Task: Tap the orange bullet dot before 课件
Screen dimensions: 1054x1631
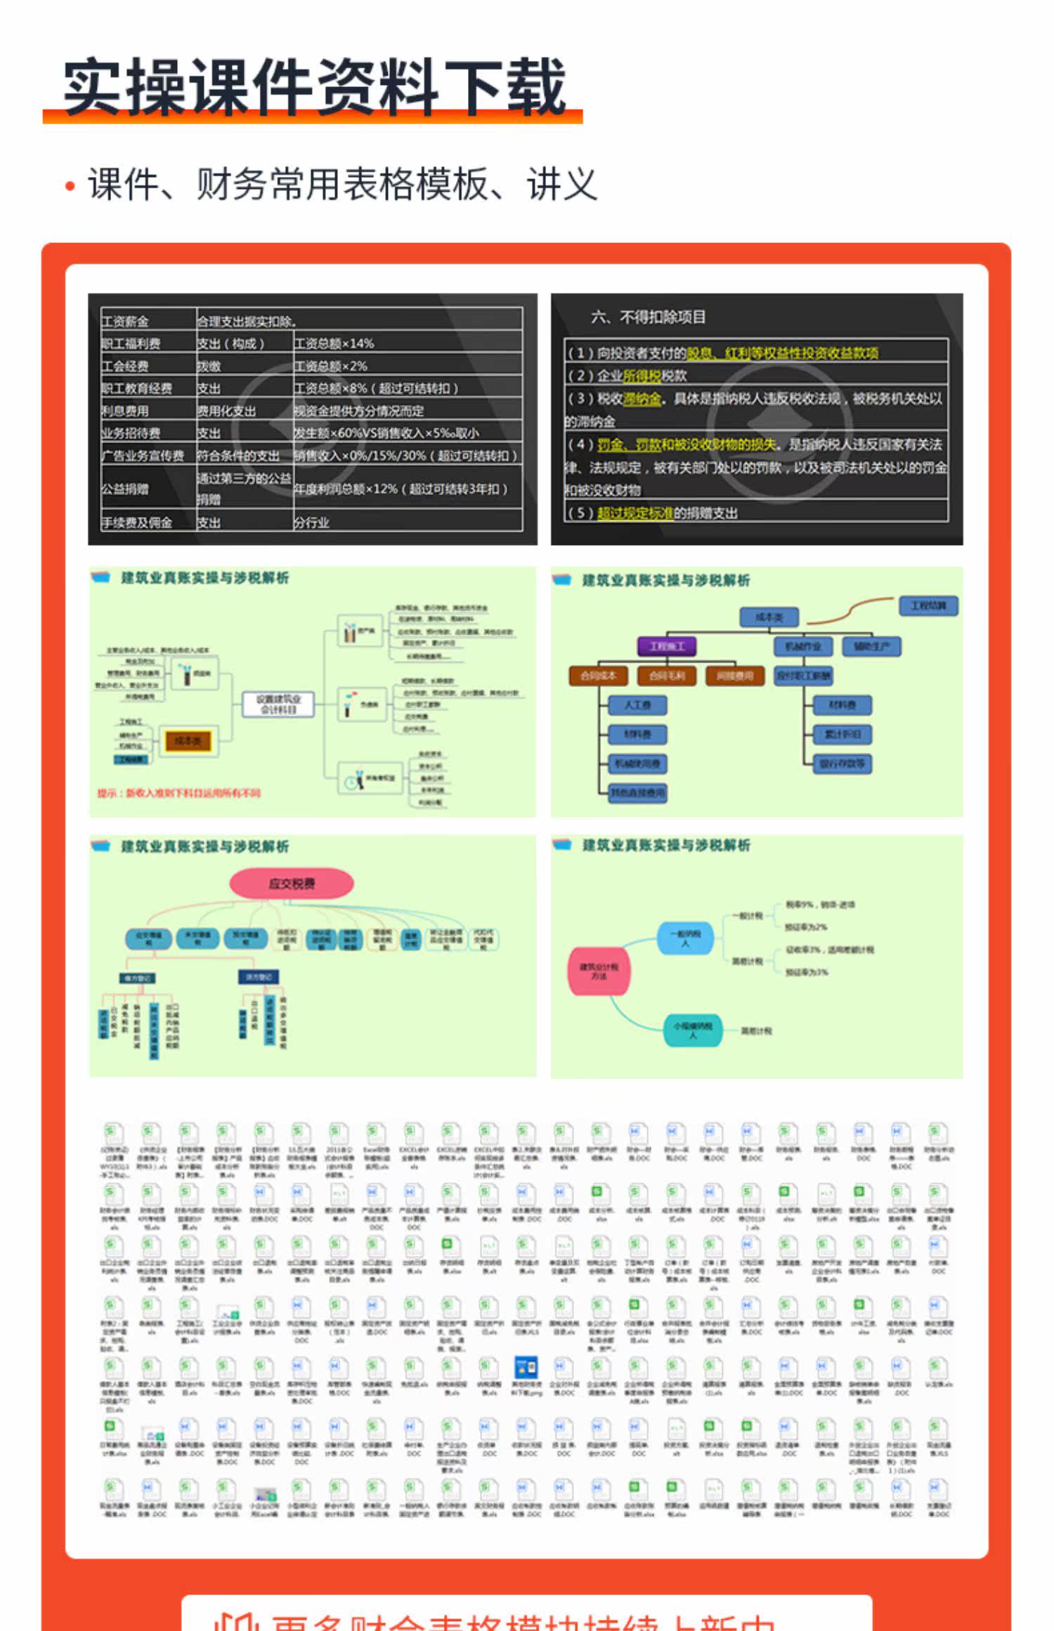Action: pyautogui.click(x=70, y=186)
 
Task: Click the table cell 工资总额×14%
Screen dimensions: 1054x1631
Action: pyautogui.click(x=334, y=343)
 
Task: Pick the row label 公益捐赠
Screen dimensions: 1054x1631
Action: pyautogui.click(x=125, y=489)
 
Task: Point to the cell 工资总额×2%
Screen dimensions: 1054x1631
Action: pyautogui.click(x=330, y=366)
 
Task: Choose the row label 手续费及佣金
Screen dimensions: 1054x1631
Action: pyautogui.click(x=137, y=523)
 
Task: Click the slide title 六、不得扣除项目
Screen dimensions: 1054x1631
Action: pyautogui.click(x=648, y=317)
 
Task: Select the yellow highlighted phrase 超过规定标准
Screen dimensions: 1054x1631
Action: pyautogui.click(x=635, y=513)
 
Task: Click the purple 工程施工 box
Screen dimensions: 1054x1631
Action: pyautogui.click(x=667, y=646)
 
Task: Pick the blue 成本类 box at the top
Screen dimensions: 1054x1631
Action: pyautogui.click(x=769, y=617)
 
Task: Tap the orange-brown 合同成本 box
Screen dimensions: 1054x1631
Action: pyautogui.click(x=598, y=676)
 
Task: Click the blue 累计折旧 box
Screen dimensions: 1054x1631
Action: pyautogui.click(x=842, y=734)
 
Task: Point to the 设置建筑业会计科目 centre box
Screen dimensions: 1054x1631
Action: pyautogui.click(x=278, y=704)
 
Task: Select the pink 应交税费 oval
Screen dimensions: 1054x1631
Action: pyautogui.click(x=292, y=884)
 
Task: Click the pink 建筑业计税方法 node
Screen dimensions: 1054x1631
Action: pyautogui.click(x=599, y=971)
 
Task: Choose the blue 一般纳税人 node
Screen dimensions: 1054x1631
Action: pyautogui.click(x=685, y=938)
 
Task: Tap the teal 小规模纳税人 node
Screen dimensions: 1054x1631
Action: pyautogui.click(x=693, y=1030)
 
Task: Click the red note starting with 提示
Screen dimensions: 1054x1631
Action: pyautogui.click(x=178, y=793)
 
